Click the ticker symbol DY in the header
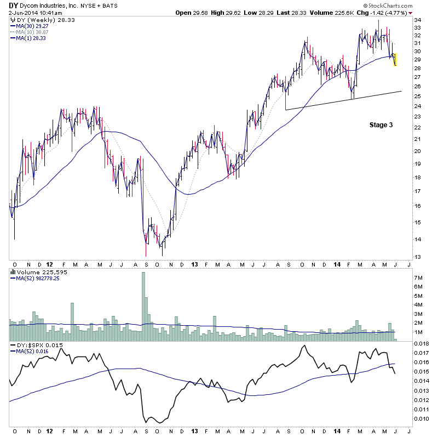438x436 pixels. [x=13, y=4]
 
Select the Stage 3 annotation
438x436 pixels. [x=381, y=125]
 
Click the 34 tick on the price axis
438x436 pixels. [x=418, y=20]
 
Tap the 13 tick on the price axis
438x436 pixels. [x=418, y=257]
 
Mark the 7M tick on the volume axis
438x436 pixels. [x=419, y=278]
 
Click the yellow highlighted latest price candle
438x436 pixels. [x=395, y=59]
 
